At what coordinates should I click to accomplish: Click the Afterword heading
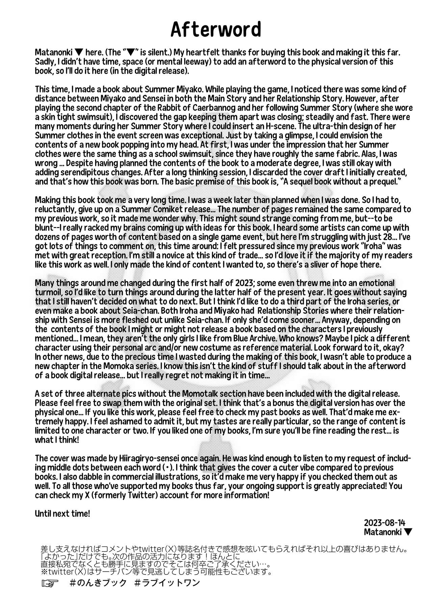pyautogui.click(x=216, y=30)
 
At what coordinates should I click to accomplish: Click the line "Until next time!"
pyautogui.click(x=62, y=514)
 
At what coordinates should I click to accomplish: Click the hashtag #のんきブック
pyautogui.click(x=98, y=583)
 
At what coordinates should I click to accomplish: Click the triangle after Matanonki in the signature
pyautogui.click(x=408, y=532)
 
